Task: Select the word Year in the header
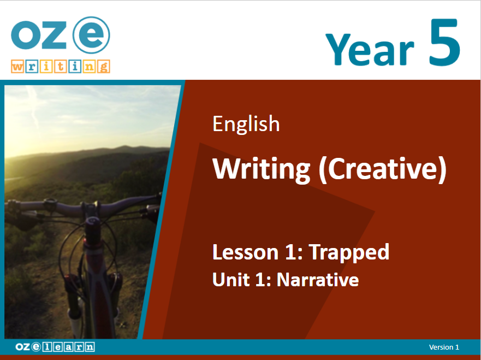click(370, 49)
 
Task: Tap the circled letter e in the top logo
click(91, 35)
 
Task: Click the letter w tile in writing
click(17, 67)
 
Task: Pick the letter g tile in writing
click(104, 67)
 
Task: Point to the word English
click(246, 124)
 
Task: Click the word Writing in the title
click(262, 169)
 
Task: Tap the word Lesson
click(245, 252)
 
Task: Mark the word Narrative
click(318, 280)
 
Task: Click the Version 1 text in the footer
click(444, 347)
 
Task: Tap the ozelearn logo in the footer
click(55, 347)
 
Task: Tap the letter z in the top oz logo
click(54, 35)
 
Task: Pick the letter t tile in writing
click(61, 67)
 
